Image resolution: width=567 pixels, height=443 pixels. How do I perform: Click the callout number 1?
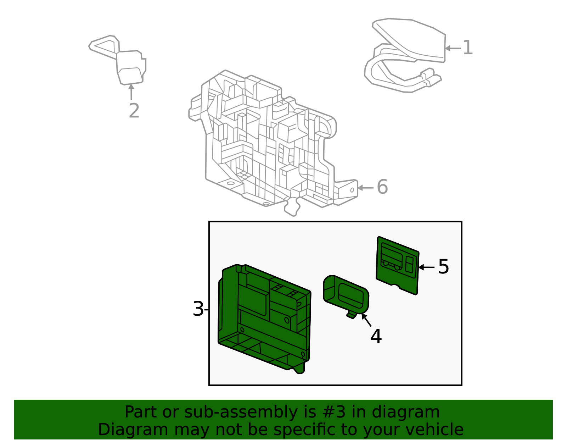467,48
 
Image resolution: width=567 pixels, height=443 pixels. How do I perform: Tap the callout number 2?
134,110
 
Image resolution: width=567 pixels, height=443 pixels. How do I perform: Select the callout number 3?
198,309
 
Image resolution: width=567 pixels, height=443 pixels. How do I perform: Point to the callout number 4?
376,336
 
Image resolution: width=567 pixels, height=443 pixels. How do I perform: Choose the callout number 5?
443,266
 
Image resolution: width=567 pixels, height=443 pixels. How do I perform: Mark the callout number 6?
382,187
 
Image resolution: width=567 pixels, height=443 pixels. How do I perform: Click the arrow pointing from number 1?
453,48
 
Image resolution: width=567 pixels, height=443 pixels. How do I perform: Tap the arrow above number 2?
131,92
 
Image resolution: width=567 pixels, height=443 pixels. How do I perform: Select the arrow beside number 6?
365,188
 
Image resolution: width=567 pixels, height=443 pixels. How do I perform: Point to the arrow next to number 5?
426,267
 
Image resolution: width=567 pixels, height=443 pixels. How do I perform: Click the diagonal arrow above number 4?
366,320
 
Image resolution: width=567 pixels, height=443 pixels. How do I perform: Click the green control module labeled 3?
264,319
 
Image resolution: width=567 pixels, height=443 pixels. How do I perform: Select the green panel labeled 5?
397,266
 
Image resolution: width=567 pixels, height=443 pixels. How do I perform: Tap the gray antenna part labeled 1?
404,55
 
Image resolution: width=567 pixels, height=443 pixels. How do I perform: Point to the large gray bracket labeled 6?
271,144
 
